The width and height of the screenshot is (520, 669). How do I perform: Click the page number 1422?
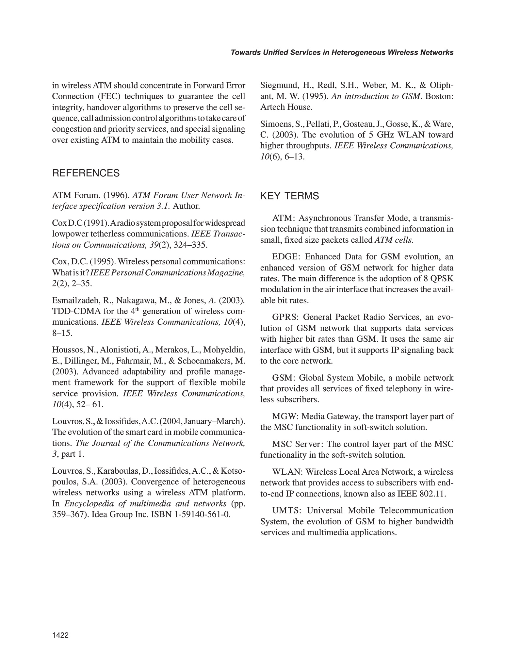click(x=60, y=635)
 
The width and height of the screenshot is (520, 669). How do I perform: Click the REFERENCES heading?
click(x=86, y=173)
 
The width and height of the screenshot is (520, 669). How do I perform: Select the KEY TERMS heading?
click(x=289, y=196)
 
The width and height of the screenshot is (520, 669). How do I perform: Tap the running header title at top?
click(x=342, y=52)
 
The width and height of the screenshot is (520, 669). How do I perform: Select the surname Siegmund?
click(x=278, y=86)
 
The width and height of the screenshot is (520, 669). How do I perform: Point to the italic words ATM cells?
click(x=394, y=240)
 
